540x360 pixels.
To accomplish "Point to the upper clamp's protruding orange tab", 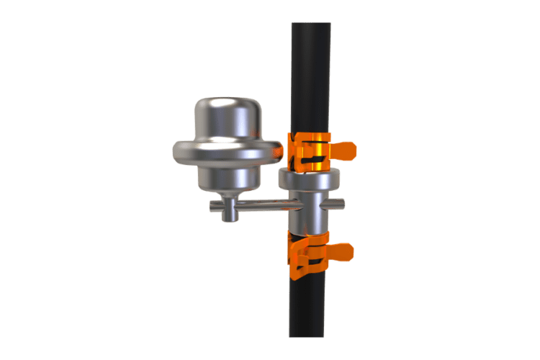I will pyautogui.click(x=344, y=150).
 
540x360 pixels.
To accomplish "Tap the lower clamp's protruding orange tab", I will pyautogui.click(x=341, y=252).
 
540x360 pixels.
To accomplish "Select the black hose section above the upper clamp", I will pyautogui.click(x=310, y=79).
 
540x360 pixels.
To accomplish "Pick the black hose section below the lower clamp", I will pyautogui.click(x=310, y=310).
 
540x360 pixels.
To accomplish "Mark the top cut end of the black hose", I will pyautogui.click(x=310, y=23).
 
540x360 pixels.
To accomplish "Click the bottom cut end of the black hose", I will pyautogui.click(x=310, y=336).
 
